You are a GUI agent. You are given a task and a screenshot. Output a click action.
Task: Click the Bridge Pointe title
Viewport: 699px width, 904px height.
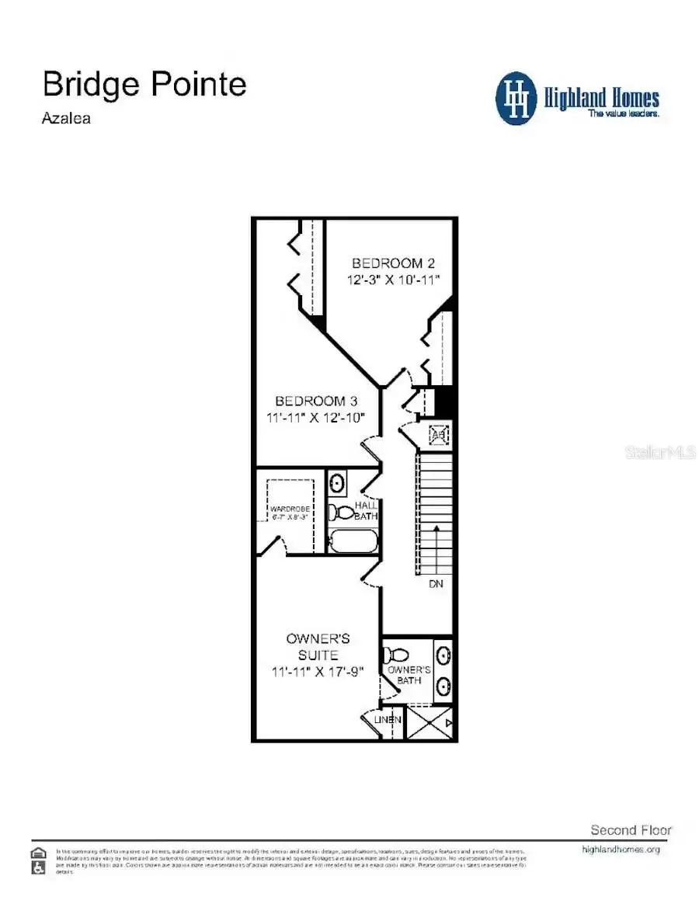(x=144, y=84)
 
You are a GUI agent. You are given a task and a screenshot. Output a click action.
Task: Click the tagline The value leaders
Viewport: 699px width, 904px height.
(x=623, y=113)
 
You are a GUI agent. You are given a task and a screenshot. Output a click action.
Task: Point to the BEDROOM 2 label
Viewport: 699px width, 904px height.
(x=388, y=263)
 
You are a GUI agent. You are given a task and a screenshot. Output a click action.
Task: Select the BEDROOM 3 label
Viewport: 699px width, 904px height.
(x=316, y=401)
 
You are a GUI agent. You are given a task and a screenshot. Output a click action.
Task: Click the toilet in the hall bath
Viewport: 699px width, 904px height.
(x=341, y=512)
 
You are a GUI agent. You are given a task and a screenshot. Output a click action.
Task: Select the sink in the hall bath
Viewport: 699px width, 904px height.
(x=338, y=483)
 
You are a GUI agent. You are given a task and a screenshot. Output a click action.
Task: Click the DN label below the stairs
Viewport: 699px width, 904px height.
(x=436, y=583)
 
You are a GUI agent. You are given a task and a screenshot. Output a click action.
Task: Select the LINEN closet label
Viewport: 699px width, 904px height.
(x=388, y=720)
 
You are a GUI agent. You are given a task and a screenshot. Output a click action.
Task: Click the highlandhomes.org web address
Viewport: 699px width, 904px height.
(x=621, y=850)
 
